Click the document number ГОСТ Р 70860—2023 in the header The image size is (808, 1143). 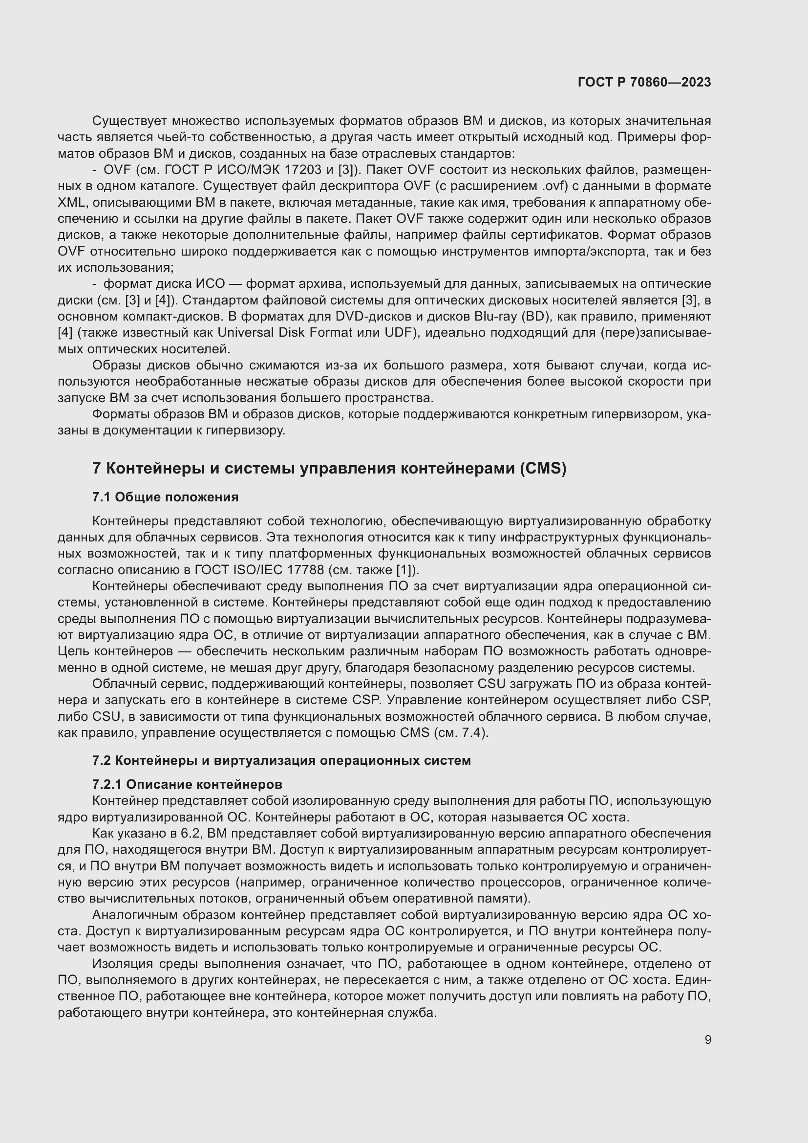644,82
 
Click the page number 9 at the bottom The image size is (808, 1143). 707,1039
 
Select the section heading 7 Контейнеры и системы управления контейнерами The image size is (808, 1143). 329,469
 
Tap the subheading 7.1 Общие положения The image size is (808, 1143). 165,497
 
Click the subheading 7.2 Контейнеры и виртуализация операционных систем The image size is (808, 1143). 281,760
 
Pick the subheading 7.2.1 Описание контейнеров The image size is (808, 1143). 187,784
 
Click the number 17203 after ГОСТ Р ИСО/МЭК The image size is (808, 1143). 302,170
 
